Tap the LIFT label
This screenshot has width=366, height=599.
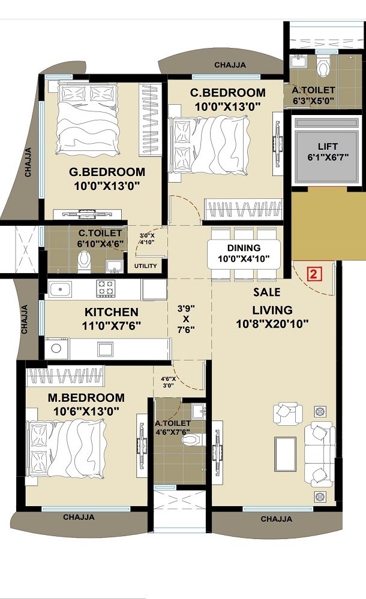328,146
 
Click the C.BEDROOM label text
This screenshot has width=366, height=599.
227,93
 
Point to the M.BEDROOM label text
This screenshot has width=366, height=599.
86,398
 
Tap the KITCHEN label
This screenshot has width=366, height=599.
111,312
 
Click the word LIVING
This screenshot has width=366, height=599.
272,310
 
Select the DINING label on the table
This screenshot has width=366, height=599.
244,247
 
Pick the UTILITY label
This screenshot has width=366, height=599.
146,266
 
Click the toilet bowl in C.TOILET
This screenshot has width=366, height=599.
84,260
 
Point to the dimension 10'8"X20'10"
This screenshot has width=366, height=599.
273,324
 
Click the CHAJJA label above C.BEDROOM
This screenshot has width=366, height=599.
230,65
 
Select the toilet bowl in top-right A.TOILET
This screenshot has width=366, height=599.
324,68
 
